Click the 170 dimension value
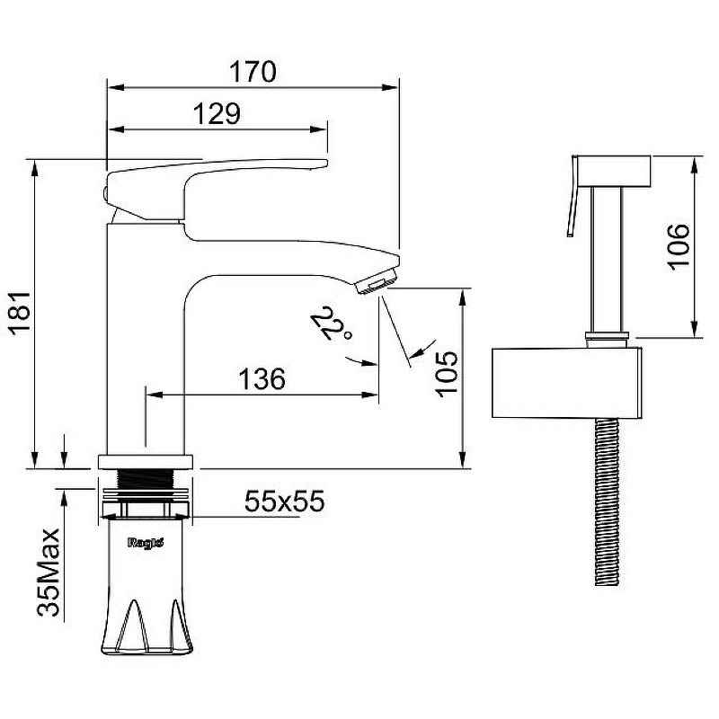tap(253, 71)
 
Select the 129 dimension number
tap(217, 114)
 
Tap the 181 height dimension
tap(21, 313)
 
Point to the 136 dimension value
tap(262, 378)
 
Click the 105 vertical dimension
tap(447, 374)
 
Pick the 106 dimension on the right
tap(679, 246)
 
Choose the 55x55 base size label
tap(284, 501)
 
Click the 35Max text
tap(49, 573)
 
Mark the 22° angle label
tap(331, 324)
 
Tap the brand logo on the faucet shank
tap(146, 543)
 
